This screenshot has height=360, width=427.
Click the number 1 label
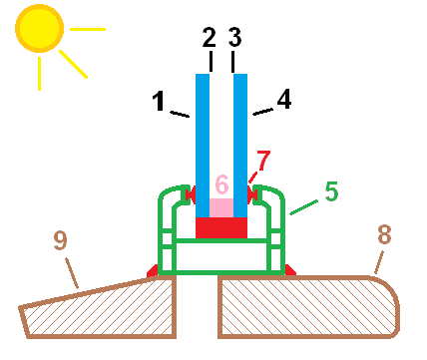pos(159,101)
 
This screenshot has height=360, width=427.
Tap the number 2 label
pos(209,40)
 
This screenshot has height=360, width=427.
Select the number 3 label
pos(235,40)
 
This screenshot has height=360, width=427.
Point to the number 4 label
pos(283,100)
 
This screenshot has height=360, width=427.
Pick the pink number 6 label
pos(221,184)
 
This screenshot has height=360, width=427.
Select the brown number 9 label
pos(60,239)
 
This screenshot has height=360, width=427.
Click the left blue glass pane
pos(203,140)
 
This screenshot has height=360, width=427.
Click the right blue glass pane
pos(240,140)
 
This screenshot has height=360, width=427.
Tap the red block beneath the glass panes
pos(220,228)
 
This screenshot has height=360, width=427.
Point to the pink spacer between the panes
pos(220,207)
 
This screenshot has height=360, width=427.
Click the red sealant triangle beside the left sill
pos(153,270)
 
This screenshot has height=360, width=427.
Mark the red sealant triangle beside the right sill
pos(289,270)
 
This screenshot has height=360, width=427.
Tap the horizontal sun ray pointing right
pos(88,29)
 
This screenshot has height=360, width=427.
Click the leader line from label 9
pos(72,270)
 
